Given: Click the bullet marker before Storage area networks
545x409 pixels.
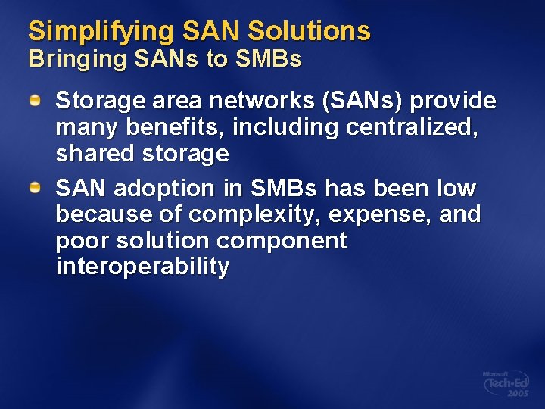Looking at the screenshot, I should pyautogui.click(x=36, y=101).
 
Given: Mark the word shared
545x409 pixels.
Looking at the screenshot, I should pyautogui.click(x=95, y=154).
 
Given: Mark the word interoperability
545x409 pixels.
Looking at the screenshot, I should pyautogui.click(x=142, y=267).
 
